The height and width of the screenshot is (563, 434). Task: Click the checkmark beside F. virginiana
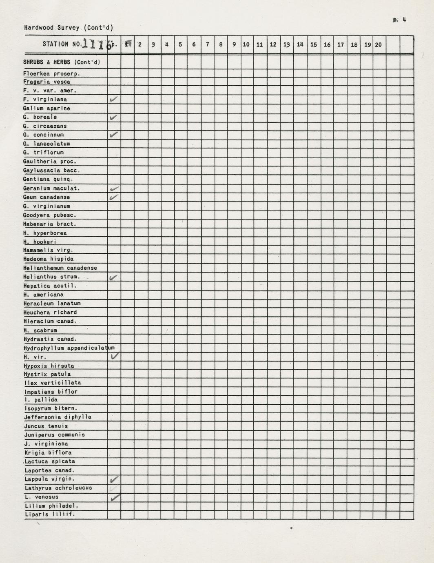pyautogui.click(x=114, y=99)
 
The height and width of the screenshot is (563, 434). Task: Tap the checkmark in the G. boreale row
pyautogui.click(x=114, y=117)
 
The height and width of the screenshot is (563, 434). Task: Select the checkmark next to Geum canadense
pyautogui.click(x=114, y=197)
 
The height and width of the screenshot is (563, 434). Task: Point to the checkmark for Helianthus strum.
pyautogui.click(x=114, y=277)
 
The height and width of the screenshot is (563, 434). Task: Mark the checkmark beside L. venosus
pyautogui.click(x=115, y=497)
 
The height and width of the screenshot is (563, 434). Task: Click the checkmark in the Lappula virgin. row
pyautogui.click(x=114, y=479)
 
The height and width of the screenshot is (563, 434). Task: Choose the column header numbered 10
pyautogui.click(x=246, y=44)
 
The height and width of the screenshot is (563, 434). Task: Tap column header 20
pyautogui.click(x=378, y=44)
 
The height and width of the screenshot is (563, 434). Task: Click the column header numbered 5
pyautogui.click(x=180, y=44)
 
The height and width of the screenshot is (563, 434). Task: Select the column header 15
pyautogui.click(x=313, y=44)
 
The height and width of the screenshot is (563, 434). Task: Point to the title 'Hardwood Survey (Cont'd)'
pyautogui.click(x=69, y=28)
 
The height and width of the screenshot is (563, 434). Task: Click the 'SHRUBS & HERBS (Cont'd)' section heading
pyautogui.click(x=62, y=62)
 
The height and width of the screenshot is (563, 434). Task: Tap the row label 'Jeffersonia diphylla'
pyautogui.click(x=58, y=417)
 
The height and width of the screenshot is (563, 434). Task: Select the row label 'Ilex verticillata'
pyautogui.click(x=53, y=383)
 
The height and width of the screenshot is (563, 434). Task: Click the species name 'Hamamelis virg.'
pyautogui.click(x=48, y=250)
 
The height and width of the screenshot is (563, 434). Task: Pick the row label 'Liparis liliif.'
pyautogui.click(x=49, y=514)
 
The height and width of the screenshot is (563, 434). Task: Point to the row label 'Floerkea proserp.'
pyautogui.click(x=51, y=74)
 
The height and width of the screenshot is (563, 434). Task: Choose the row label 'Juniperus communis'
pyautogui.click(x=55, y=434)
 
